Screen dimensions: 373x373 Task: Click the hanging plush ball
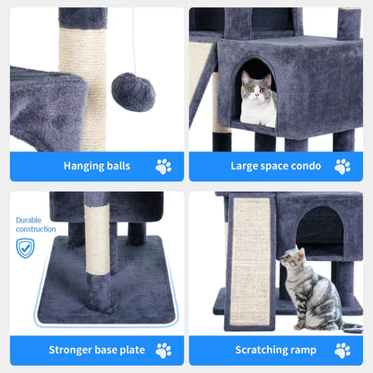click(x=133, y=92)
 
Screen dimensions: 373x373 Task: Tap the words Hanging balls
click(x=96, y=166)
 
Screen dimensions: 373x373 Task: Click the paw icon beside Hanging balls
click(x=163, y=166)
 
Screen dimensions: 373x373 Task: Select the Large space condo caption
click(x=275, y=166)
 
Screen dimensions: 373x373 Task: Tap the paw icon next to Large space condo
click(x=343, y=166)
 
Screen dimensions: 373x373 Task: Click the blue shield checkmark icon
click(x=25, y=247)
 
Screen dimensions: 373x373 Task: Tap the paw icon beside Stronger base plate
click(x=163, y=351)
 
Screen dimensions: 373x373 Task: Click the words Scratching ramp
click(x=275, y=351)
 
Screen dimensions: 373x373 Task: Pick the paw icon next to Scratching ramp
click(x=343, y=351)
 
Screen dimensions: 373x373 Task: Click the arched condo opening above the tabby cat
click(x=319, y=230)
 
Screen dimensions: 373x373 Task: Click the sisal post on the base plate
click(x=98, y=242)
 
